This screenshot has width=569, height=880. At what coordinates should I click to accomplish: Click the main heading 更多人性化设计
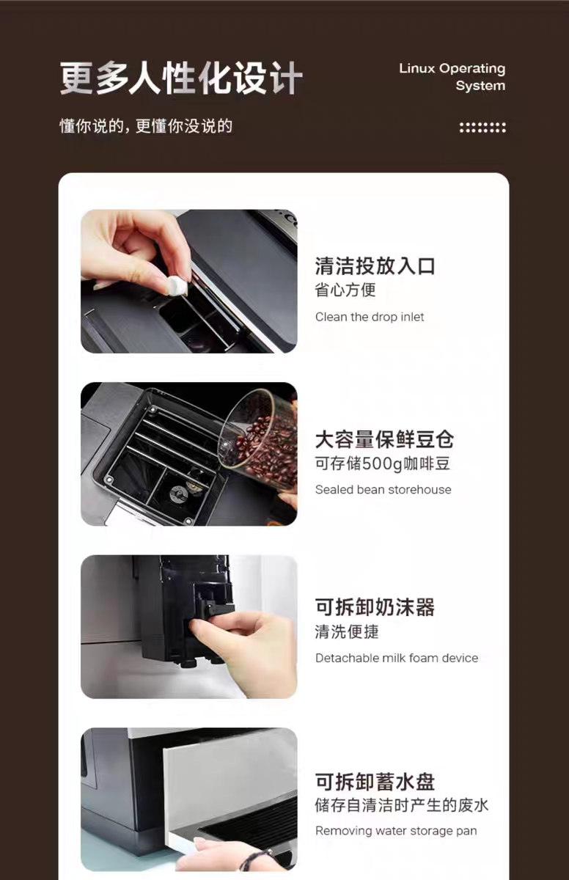pos(181,78)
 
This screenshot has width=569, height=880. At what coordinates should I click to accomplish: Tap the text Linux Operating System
pos(452,77)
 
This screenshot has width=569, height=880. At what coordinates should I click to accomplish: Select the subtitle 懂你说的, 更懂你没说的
pos(146,126)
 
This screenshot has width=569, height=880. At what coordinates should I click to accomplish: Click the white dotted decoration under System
pos(482,128)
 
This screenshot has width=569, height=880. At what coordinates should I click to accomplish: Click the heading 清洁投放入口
pos(375,266)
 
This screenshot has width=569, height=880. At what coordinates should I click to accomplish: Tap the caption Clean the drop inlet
pos(370,317)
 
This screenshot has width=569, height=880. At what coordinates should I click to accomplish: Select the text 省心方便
pos(345,290)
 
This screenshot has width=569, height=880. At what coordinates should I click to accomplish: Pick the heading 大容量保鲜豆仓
pos(384,439)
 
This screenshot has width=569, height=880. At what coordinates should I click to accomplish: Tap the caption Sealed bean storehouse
pos(383,490)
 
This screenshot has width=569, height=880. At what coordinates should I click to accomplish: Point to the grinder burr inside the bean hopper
pos(178,494)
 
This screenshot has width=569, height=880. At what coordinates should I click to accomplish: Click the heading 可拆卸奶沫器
pos(375,607)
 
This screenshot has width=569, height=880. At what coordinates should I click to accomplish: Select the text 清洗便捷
pos(347,631)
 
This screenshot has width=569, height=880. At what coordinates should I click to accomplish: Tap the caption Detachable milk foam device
pos(397,658)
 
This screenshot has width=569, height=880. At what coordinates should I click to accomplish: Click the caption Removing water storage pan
pos(396,831)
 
